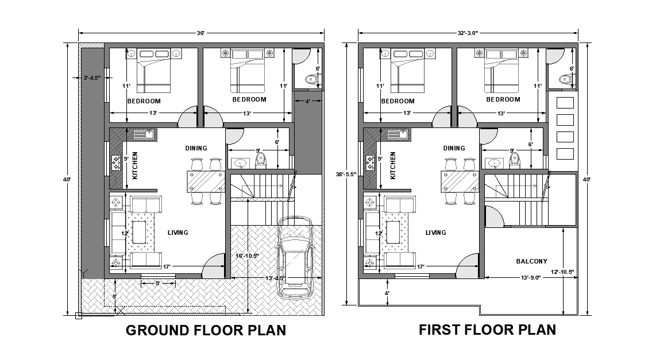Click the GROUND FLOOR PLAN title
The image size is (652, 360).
206,331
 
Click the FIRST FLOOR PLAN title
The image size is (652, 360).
487,330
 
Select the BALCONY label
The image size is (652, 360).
531,261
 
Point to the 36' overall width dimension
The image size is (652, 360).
200,33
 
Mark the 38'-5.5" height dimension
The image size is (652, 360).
347,174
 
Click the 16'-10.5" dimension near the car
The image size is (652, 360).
247,256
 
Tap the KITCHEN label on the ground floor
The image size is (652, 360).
136,165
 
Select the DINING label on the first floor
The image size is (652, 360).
454,148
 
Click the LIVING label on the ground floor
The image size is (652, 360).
178,233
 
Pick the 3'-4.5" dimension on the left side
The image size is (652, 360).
92,78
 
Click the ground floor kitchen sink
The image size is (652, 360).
144,136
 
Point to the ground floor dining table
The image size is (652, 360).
205,181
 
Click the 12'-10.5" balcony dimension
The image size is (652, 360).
561,272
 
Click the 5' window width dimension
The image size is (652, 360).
158,283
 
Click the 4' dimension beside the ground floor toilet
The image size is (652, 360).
308,102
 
